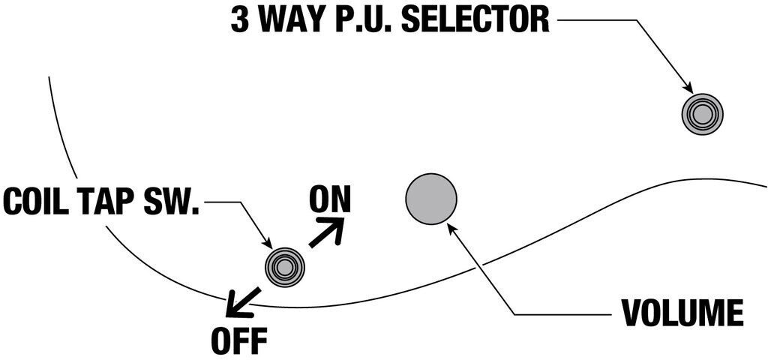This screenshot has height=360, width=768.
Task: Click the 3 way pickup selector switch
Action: [x=702, y=114]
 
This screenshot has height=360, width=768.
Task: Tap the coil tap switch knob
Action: [x=285, y=265]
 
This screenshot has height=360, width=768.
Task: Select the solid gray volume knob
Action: [x=431, y=198]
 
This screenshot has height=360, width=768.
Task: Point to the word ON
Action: [x=330, y=199]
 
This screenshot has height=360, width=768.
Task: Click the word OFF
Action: [x=239, y=341]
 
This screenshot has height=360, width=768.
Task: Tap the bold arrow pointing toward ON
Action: [x=328, y=232]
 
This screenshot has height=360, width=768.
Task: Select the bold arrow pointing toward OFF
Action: [x=241, y=301]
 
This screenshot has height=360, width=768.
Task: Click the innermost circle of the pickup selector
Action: [x=702, y=114]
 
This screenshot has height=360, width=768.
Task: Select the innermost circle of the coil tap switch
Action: [x=285, y=265]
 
